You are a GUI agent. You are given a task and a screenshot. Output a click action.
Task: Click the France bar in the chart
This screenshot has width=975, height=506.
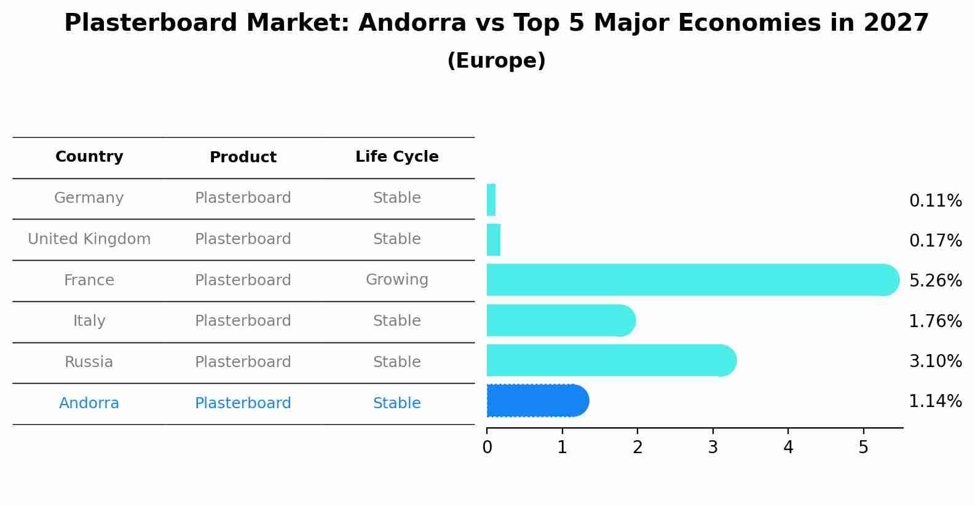(693, 280)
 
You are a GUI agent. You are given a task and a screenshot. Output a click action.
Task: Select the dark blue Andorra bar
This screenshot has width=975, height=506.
(538, 400)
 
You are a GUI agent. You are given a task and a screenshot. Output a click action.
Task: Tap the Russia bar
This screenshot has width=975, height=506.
(612, 360)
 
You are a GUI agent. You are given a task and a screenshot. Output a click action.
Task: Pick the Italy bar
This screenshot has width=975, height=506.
(561, 320)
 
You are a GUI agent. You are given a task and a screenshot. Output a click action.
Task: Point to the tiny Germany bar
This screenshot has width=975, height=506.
(491, 200)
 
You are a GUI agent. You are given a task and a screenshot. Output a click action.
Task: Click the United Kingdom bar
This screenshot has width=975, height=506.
(494, 240)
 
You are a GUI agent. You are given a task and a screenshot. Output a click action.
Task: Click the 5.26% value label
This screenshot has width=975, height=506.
(936, 280)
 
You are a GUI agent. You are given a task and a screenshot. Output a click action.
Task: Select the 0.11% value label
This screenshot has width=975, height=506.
(936, 201)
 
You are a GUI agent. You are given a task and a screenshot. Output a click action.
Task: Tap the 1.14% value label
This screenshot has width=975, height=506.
(936, 401)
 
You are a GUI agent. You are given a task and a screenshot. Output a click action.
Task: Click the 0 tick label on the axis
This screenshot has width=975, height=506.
(487, 447)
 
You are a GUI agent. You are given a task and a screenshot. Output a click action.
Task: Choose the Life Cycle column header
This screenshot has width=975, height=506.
(397, 156)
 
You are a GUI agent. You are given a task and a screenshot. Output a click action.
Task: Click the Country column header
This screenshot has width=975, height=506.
(89, 156)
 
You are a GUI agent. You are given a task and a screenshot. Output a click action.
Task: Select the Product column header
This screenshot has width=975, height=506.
(243, 157)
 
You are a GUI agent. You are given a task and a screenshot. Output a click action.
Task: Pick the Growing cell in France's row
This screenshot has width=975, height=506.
(397, 280)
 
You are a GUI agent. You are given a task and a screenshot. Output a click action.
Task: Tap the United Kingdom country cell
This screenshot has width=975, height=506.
(89, 239)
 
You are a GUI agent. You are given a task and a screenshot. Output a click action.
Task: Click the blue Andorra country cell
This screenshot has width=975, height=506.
(89, 403)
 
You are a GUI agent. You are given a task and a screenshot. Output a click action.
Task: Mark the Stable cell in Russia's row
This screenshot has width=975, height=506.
(397, 362)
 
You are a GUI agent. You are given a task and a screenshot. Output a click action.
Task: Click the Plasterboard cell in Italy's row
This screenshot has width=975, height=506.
(243, 320)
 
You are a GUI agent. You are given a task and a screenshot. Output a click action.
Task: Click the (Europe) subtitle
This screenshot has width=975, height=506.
(496, 60)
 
